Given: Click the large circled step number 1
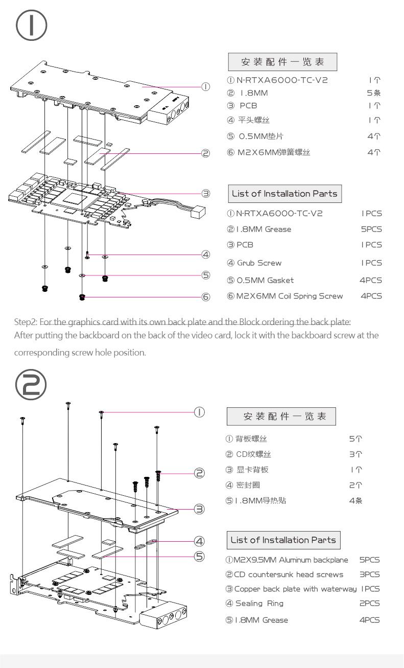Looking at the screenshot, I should pos(31,26).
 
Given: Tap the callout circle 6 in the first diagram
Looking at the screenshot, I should pos(205,297).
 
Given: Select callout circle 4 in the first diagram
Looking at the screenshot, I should pos(205,254).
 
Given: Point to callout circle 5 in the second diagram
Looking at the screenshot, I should pos(200,556).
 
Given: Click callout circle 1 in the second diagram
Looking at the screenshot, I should pos(200,411).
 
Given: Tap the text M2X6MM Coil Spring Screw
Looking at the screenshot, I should pos(289,296).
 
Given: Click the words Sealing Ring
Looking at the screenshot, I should pos(259,604).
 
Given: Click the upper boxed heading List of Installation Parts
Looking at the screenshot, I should pos(284,194).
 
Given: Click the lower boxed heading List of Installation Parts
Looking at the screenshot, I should pos(283,540).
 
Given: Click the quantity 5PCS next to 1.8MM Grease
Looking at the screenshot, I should pos(371,229).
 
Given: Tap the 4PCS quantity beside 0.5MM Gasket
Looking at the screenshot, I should pos(371,281).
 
